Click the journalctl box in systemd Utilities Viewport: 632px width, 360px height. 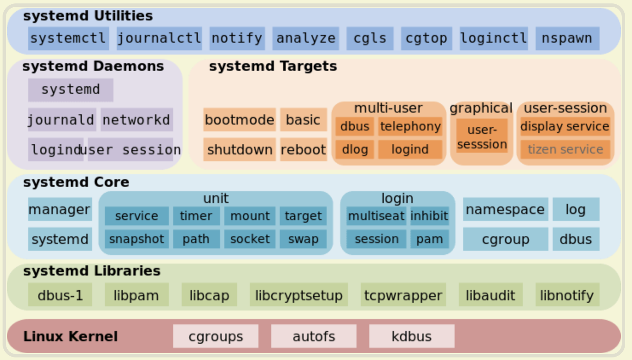click(x=159, y=38)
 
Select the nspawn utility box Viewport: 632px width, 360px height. click(x=567, y=38)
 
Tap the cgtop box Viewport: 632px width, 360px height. click(x=426, y=38)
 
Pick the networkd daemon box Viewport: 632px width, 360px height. click(x=137, y=119)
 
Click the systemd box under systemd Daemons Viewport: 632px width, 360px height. click(x=70, y=90)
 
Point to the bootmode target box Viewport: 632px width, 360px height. click(x=240, y=119)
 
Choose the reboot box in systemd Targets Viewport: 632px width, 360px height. click(x=304, y=150)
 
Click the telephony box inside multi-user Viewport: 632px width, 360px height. click(x=410, y=126)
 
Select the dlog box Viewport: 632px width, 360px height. click(x=355, y=150)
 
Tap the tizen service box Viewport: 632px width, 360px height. click(x=565, y=150)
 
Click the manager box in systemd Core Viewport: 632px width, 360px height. click(x=60, y=209)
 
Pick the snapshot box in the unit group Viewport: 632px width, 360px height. click(x=137, y=239)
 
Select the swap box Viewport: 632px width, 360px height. click(x=303, y=239)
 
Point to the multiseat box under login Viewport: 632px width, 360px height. click(x=377, y=216)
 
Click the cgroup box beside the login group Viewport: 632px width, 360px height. click(x=506, y=239)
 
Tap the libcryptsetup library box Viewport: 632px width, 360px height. click(x=299, y=295)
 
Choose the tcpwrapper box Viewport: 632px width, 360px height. click(x=403, y=295)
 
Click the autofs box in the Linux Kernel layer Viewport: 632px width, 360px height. click(x=314, y=336)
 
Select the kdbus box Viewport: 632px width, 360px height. click(x=412, y=336)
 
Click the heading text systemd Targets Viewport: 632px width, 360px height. click(x=273, y=66)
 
